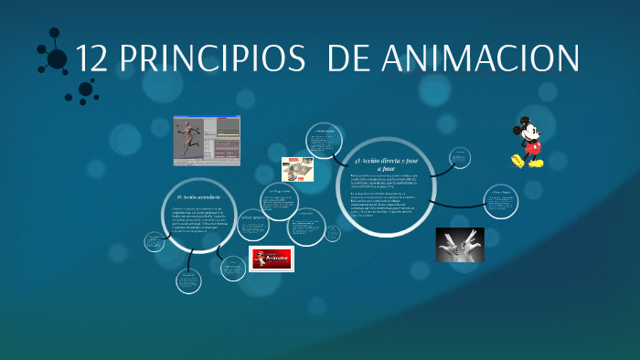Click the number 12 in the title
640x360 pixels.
click(92, 58)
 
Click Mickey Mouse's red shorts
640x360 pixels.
click(531, 146)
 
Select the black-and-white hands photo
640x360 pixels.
click(460, 244)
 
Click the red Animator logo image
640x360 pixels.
click(272, 259)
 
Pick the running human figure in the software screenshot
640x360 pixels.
click(189, 138)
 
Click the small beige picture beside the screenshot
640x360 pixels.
click(297, 169)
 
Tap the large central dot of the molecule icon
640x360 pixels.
click(58, 59)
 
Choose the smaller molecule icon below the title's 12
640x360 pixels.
click(87, 89)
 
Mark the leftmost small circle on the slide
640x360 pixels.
click(154, 241)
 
